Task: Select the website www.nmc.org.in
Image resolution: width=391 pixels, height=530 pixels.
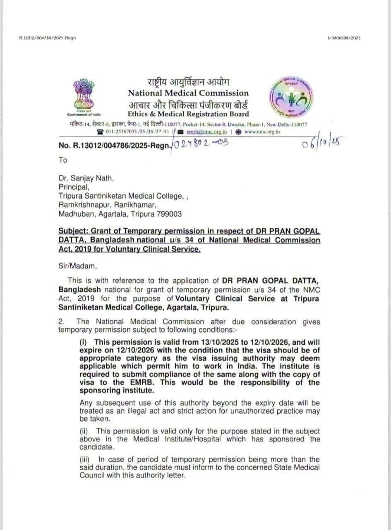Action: click(x=262, y=132)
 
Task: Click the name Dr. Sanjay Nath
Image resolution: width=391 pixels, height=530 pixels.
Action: click(x=86, y=178)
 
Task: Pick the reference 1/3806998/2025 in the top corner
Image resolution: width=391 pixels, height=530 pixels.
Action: click(x=344, y=38)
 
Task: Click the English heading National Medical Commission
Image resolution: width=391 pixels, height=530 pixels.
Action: click(x=188, y=93)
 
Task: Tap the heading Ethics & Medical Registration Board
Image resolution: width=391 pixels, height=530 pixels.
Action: click(x=188, y=114)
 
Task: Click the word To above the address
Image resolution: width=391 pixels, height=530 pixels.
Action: click(x=62, y=160)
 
